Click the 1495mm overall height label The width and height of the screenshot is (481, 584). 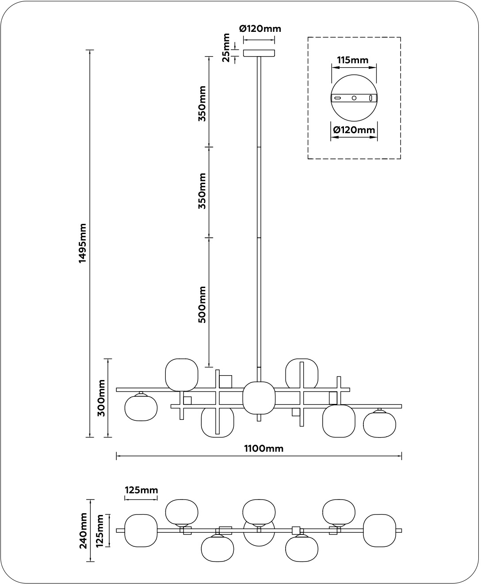[x=83, y=243]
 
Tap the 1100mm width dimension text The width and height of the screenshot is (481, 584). [x=264, y=449]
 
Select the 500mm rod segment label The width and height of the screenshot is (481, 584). [x=202, y=304]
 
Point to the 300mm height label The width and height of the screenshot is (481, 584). [x=101, y=398]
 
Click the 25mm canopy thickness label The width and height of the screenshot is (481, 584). [x=225, y=47]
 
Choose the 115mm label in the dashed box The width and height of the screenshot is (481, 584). [x=353, y=60]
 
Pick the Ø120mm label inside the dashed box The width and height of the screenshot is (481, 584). [x=354, y=130]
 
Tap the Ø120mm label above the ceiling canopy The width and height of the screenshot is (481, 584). [x=260, y=29]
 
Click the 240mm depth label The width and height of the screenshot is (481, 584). [x=83, y=530]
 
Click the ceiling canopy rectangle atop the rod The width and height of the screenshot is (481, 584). [x=259, y=53]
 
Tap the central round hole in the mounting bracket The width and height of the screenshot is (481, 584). [x=354, y=98]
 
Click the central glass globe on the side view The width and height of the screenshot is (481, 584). [x=259, y=398]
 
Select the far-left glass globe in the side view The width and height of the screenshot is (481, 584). [x=141, y=408]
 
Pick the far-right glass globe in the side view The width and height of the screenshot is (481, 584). [x=380, y=424]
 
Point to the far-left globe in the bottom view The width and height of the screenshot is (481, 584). [x=141, y=530]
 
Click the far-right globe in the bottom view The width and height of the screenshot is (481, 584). [x=380, y=530]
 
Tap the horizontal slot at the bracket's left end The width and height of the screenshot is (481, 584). [x=338, y=98]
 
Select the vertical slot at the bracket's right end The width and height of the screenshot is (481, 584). [x=371, y=98]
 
